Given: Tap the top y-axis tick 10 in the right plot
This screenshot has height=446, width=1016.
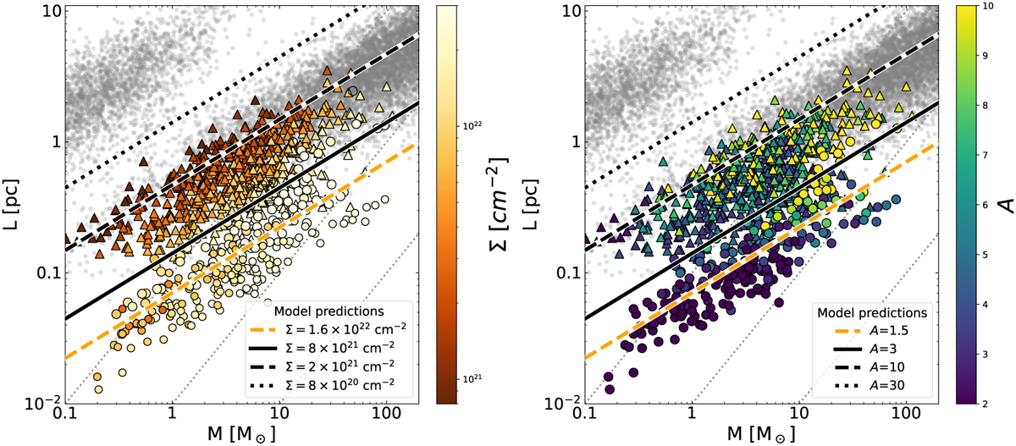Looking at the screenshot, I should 567,12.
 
